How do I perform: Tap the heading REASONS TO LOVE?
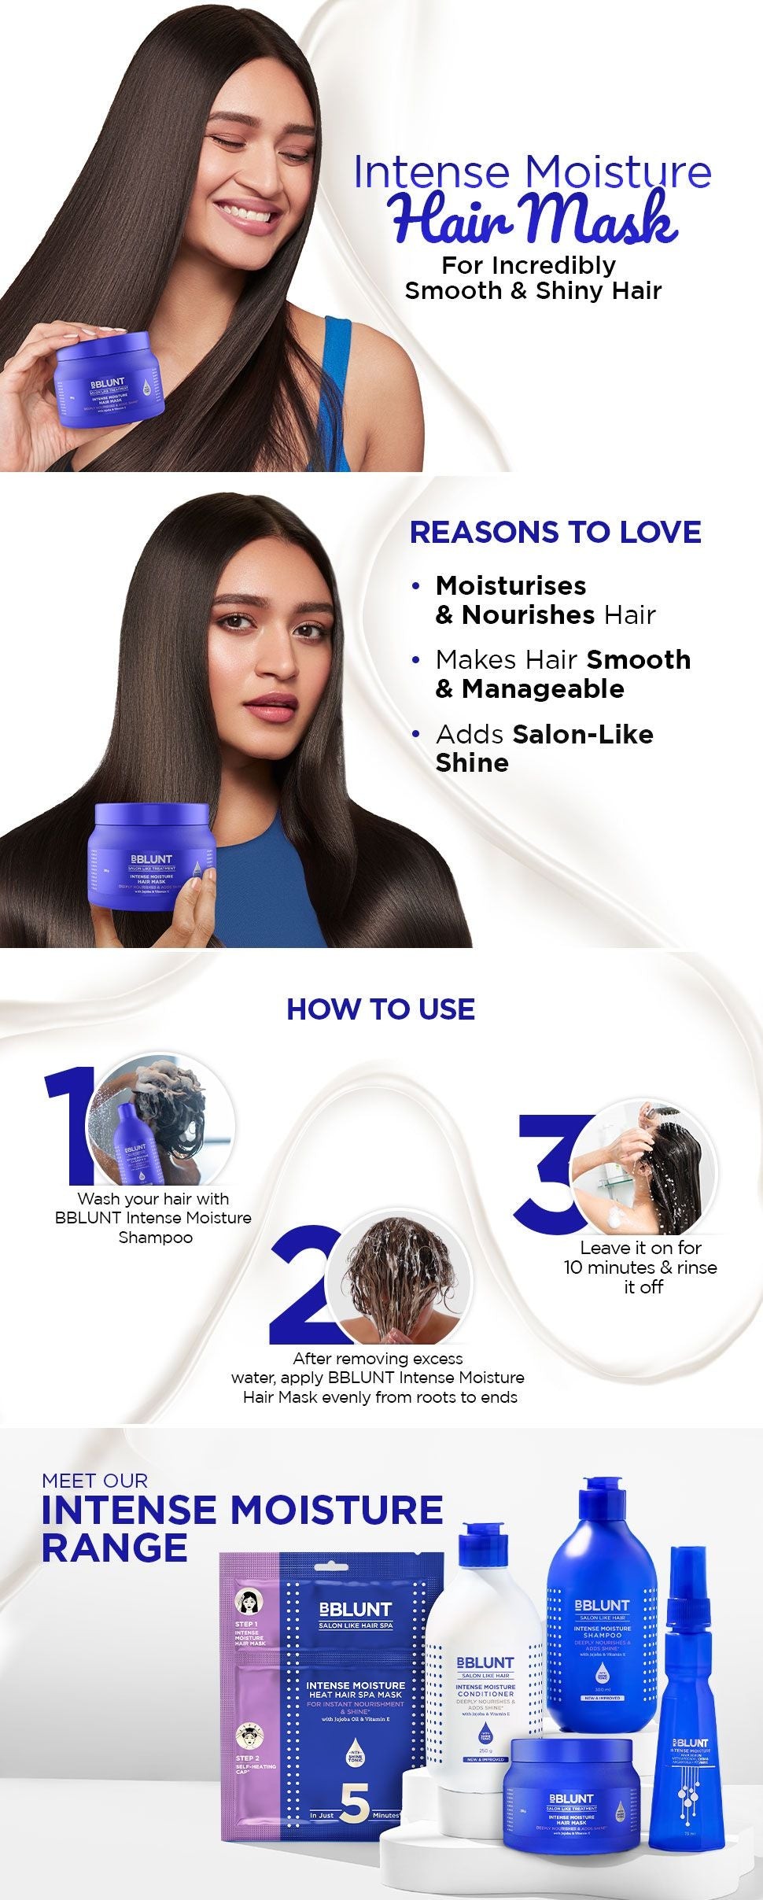[555, 533]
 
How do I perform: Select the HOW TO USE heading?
[381, 1009]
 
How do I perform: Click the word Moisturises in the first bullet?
[511, 586]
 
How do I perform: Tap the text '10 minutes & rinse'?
[640, 1267]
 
